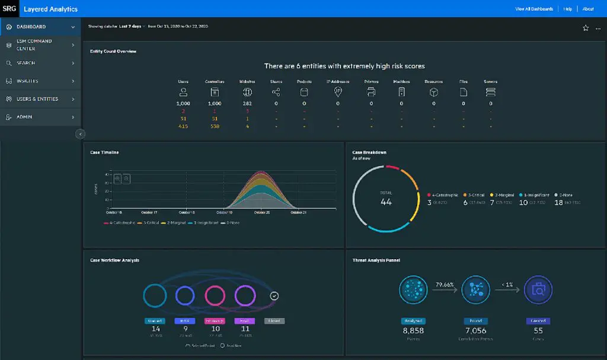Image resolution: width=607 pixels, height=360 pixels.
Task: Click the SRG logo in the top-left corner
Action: point(9,9)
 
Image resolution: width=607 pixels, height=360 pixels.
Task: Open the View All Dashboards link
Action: point(534,9)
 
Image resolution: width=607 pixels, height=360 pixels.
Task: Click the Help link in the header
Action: point(568,9)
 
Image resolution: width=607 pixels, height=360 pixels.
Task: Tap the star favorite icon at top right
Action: point(586,28)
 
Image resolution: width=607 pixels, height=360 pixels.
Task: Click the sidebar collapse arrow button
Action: point(81,134)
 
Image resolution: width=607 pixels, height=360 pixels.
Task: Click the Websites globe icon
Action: point(247,92)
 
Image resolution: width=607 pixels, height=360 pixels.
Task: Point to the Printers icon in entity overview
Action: point(371,92)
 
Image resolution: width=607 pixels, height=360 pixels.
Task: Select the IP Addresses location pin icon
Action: point(338,92)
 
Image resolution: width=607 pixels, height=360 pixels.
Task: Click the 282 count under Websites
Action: point(247,104)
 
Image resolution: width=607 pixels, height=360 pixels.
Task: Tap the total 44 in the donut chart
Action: point(386,202)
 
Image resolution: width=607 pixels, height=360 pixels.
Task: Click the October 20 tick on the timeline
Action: point(262,212)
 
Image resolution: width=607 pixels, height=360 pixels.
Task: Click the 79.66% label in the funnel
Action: point(444,285)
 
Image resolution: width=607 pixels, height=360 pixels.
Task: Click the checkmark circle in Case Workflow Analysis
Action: point(274,295)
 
